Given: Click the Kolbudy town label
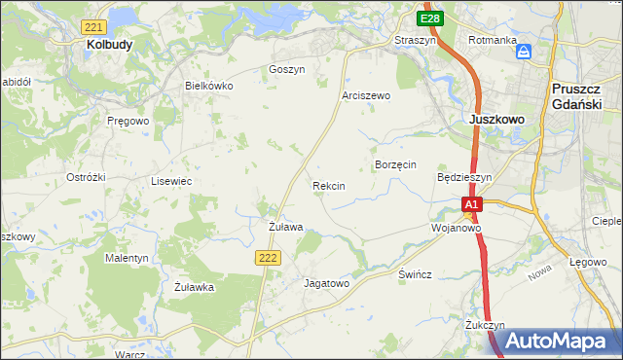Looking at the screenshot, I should coord(109,45).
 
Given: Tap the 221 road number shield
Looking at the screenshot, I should coord(94,26).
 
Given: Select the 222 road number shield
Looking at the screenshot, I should coord(270,256).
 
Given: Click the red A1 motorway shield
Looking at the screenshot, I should coord(472,205).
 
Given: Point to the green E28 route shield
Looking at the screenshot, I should coord(430,18).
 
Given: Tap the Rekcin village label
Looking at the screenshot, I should coord(328,185).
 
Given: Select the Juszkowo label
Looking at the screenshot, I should coord(496,119).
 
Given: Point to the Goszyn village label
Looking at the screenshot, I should coord(286,70).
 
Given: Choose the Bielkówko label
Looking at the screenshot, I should coord(209,86).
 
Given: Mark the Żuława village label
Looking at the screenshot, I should coord(286,227).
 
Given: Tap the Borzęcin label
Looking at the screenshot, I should coord(396,165).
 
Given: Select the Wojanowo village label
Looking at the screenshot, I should coord(457,228).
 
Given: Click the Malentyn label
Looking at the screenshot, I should coord(127,258).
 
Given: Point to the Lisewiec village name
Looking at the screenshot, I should coord(170,181).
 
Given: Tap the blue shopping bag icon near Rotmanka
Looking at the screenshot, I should coord(524,52).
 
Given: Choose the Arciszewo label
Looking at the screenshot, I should coord(366,96).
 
